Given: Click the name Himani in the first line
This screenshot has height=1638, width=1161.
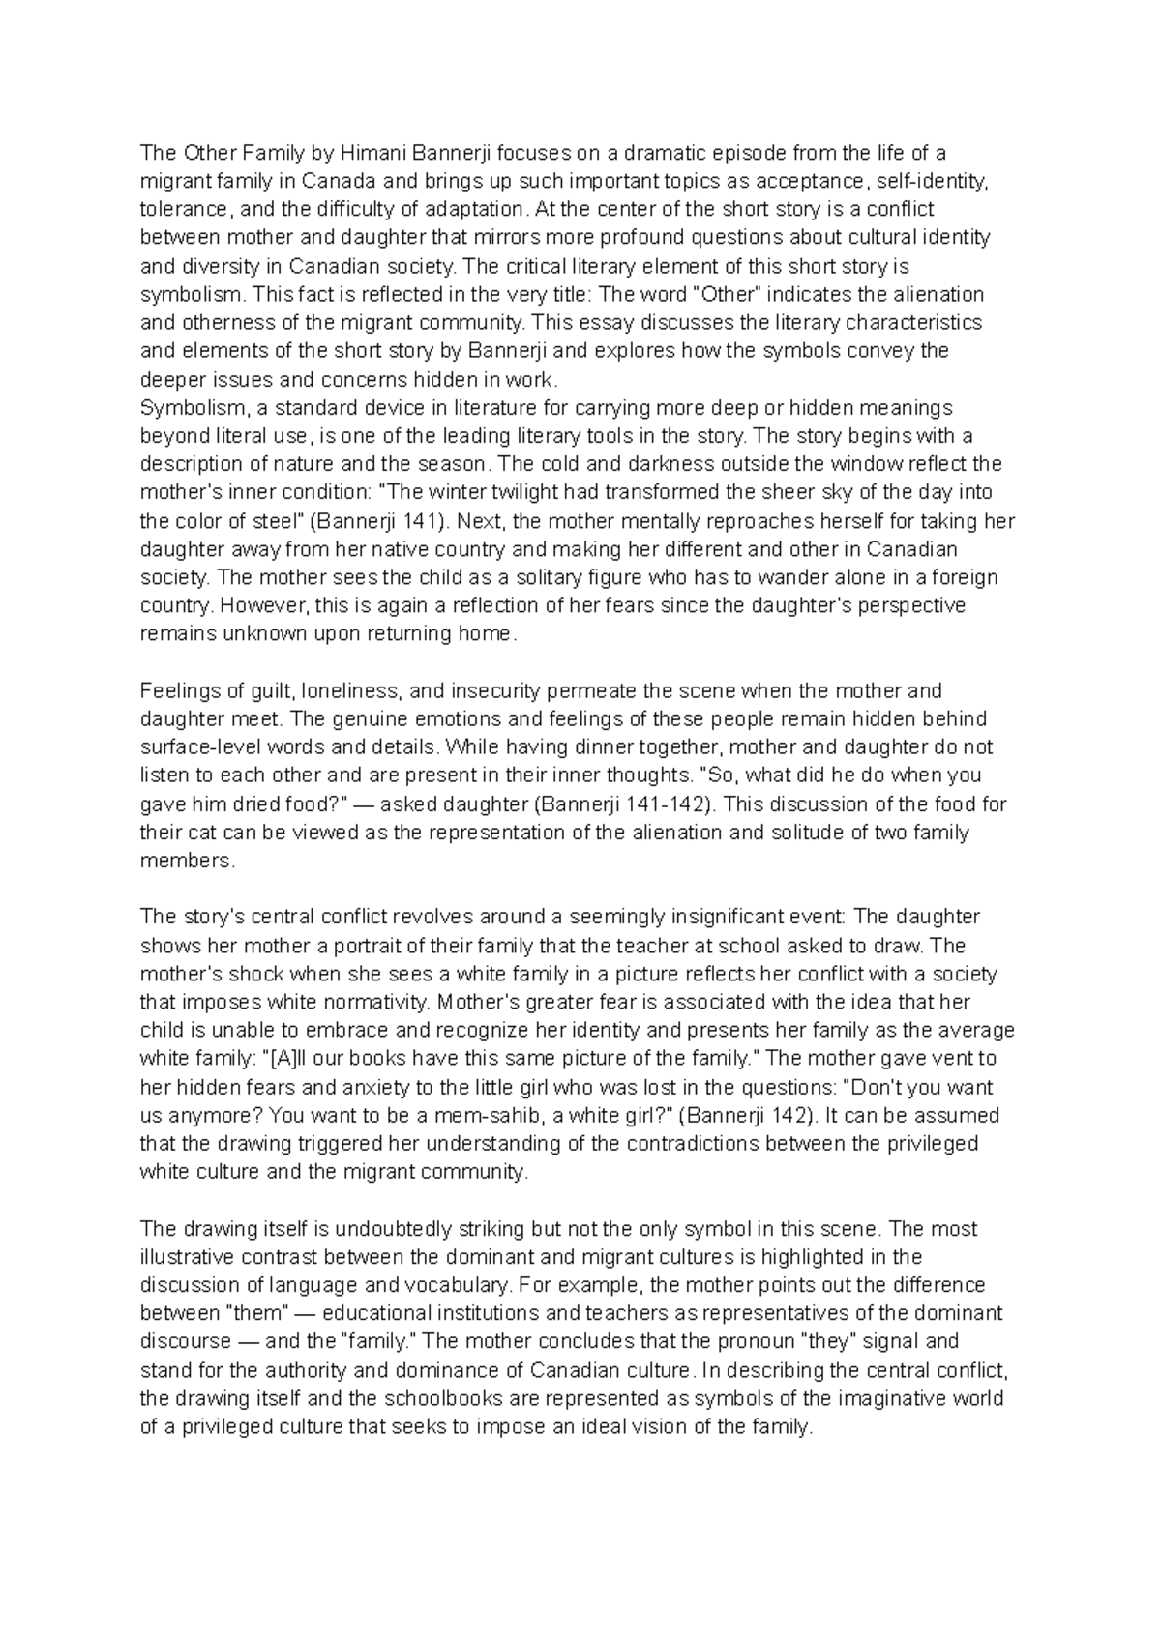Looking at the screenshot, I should (x=374, y=152).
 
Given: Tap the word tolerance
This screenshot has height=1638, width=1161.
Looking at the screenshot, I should (x=181, y=209).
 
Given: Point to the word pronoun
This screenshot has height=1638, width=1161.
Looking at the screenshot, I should (x=752, y=1342).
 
